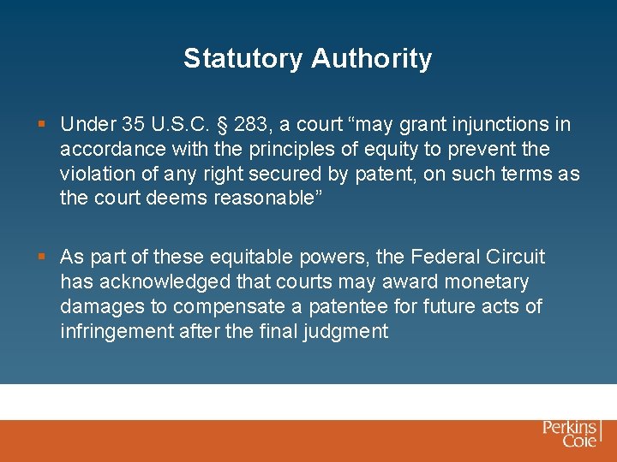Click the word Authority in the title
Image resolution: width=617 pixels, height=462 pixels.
(371, 59)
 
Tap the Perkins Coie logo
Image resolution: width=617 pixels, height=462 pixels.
(571, 433)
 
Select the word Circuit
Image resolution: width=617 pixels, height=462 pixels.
(516, 257)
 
